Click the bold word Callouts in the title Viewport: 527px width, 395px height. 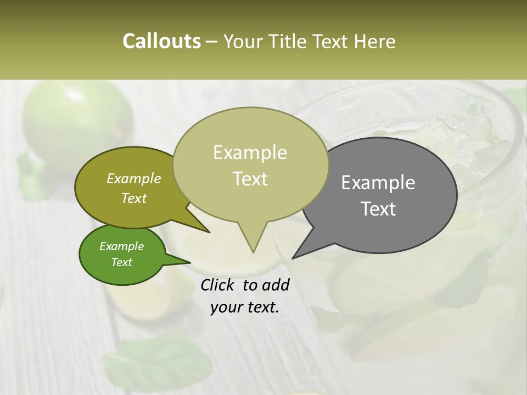coord(161,42)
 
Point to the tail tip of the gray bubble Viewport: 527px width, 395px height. coord(292,258)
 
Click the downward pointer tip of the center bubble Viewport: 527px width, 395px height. coord(253,252)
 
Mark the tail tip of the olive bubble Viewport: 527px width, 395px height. coord(209,233)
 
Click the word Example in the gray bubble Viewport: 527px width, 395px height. coord(378,183)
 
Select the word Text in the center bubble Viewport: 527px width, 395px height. coord(250,179)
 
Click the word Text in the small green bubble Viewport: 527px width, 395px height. coord(121,262)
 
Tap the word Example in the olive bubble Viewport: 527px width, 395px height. coord(133,178)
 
